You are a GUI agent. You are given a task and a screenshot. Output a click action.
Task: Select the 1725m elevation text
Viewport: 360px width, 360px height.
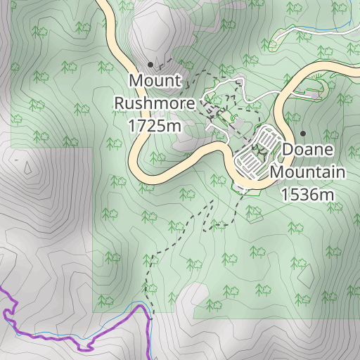pyautogui.click(x=155, y=125)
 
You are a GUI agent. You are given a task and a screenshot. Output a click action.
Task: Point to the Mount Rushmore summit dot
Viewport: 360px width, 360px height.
pyautogui.click(x=150, y=64)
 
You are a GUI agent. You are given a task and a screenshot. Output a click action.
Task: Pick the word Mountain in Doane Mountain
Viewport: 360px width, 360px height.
pyautogui.click(x=307, y=172)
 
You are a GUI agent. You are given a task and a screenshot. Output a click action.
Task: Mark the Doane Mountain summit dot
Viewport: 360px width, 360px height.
pyautogui.click(x=303, y=133)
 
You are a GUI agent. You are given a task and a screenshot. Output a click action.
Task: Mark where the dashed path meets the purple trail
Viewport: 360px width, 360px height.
pyautogui.click(x=150, y=320)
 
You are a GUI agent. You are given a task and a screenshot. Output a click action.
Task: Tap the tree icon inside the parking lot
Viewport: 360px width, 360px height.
pyautogui.click(x=258, y=150)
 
